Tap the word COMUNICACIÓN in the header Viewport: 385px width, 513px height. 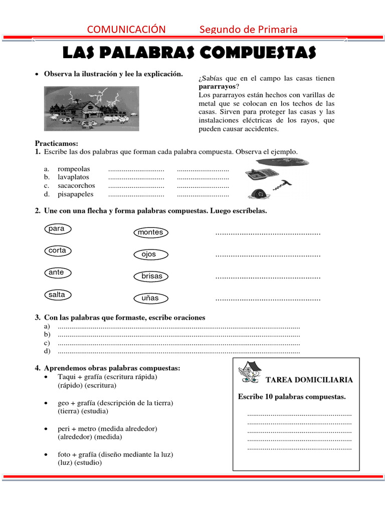126,29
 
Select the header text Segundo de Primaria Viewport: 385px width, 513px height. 248,29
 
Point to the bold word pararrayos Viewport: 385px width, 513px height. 217,87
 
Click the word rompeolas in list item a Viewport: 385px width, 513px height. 74,169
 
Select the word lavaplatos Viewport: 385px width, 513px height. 73,177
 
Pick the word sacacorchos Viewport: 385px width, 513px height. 76,186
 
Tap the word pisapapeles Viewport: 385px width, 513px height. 76,194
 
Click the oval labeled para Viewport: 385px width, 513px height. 58,229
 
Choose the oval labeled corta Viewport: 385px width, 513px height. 58,250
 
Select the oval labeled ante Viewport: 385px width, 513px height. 57,273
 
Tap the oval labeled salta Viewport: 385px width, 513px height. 57,295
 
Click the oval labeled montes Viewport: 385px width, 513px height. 150,232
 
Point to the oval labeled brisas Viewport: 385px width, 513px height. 151,276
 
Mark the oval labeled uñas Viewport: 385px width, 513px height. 150,298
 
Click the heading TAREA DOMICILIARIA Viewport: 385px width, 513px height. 309,380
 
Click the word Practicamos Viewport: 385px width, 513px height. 56,143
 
